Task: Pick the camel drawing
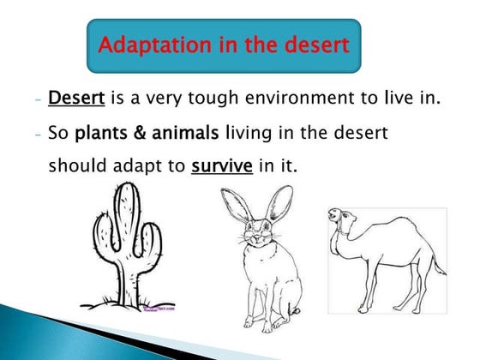(x=386, y=257)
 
